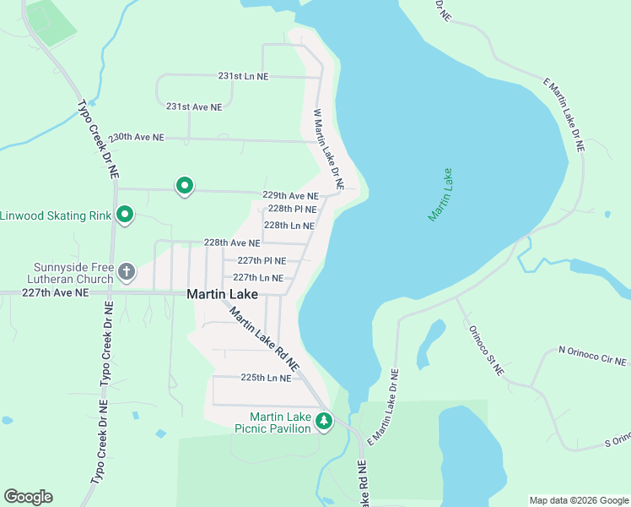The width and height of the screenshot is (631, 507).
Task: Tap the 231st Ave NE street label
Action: pos(194,107)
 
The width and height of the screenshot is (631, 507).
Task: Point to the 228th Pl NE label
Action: pos(292,209)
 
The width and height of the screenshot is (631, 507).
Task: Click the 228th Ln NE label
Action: pos(289,226)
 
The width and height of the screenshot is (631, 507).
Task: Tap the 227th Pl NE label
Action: pos(262,260)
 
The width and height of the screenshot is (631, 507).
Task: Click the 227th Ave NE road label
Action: pos(55,292)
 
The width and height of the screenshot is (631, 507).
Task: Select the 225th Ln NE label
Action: pos(266,378)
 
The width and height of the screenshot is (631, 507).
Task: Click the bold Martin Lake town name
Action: pos(222,294)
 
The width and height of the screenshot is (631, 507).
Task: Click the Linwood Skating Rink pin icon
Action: pos(125,215)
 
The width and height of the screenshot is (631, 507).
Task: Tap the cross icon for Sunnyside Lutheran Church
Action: pos(126,272)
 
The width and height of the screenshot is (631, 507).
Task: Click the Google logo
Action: pos(28,497)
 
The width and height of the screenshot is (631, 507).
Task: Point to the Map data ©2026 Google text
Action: pos(578,500)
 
